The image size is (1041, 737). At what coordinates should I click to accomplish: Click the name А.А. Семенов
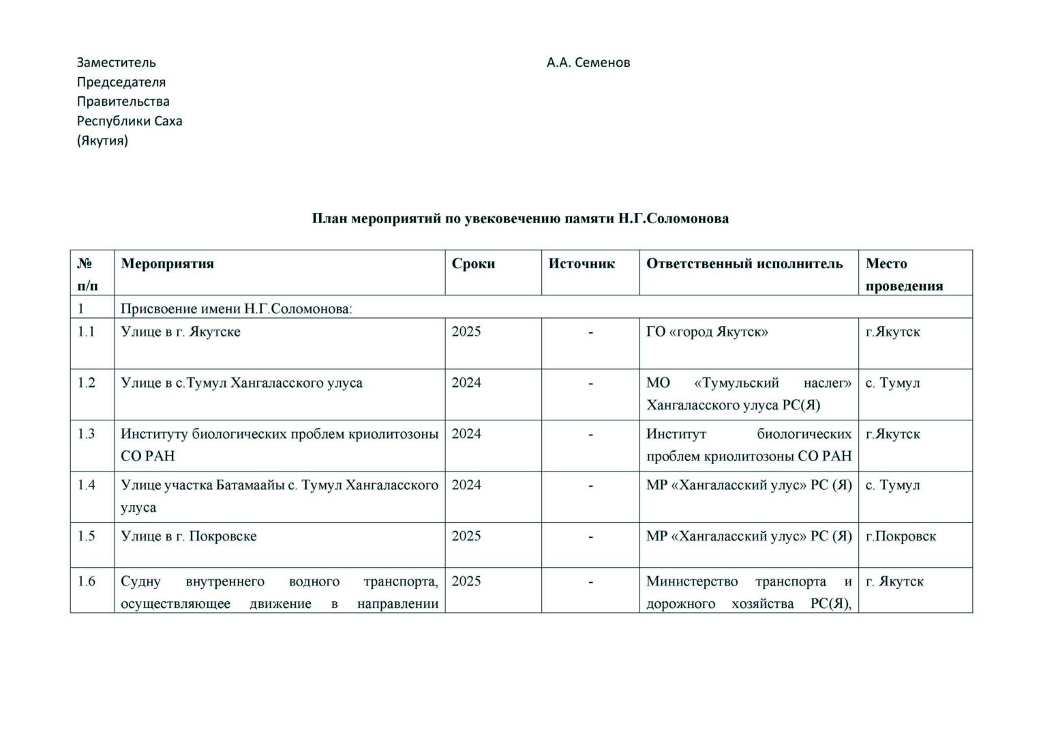[x=588, y=62]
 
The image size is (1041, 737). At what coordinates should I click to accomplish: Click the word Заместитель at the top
[x=116, y=62]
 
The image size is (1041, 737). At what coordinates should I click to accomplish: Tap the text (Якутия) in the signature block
[x=102, y=141]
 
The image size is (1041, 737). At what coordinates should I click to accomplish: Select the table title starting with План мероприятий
[x=520, y=218]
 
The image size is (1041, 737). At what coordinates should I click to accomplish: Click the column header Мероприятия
[x=167, y=264]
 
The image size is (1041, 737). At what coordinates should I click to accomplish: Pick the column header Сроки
[x=473, y=264]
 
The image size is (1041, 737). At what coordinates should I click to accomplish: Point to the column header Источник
[x=582, y=264]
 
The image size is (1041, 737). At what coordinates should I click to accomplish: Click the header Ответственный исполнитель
[x=744, y=264]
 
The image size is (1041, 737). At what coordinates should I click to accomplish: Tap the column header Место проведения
[x=904, y=274]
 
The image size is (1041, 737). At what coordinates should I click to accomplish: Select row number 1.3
[x=87, y=434]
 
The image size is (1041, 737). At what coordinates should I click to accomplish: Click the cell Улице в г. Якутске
[x=181, y=332]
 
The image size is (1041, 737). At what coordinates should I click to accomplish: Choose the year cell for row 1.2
[x=466, y=383]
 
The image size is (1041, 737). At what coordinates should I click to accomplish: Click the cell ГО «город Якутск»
[x=707, y=332]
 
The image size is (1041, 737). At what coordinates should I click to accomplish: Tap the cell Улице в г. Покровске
[x=189, y=536]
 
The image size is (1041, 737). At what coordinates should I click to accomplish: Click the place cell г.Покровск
[x=901, y=536]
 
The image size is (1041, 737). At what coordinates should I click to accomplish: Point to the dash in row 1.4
[x=590, y=485]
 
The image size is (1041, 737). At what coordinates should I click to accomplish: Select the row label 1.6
[x=87, y=581]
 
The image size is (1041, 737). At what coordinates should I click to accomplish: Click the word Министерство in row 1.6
[x=692, y=581]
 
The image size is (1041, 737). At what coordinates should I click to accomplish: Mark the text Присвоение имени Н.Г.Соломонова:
[x=237, y=308]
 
